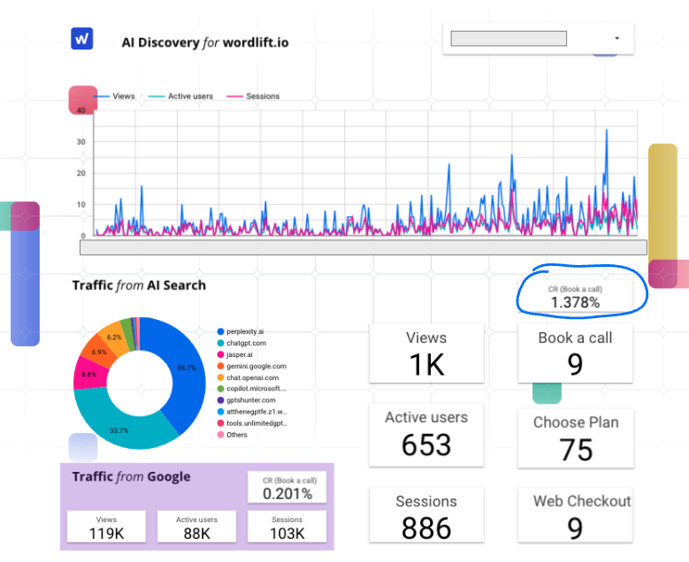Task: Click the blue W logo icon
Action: tap(82, 39)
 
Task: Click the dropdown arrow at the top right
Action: tap(616, 39)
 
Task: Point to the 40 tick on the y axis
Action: tap(81, 110)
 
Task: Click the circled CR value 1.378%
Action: tap(575, 302)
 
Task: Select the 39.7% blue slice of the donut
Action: tap(178, 362)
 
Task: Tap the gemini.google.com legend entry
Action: tap(256, 366)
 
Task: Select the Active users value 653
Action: tap(426, 444)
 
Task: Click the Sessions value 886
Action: tap(426, 528)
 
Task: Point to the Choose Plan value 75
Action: tap(576, 450)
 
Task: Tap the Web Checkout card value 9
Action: tap(576, 528)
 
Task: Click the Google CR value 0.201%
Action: tap(287, 494)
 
